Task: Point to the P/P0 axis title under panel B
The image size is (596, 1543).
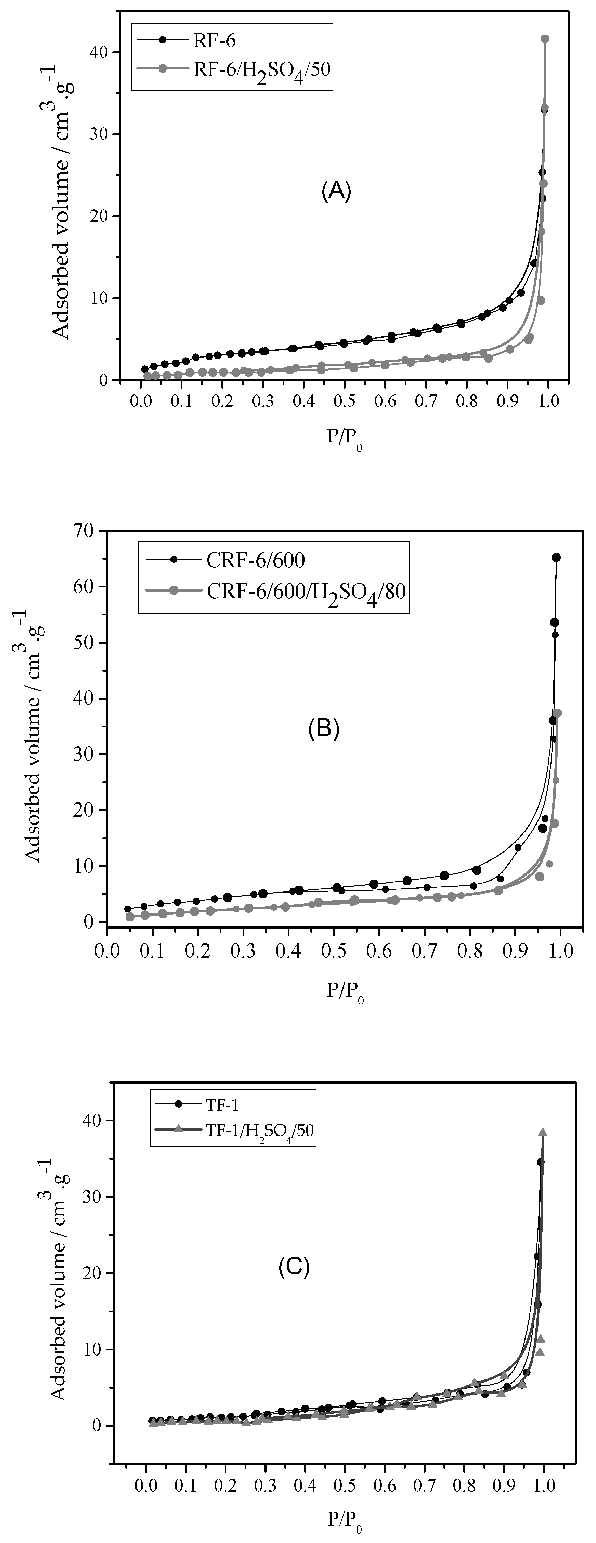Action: [345, 991]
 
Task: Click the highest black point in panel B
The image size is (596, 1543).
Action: [556, 558]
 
